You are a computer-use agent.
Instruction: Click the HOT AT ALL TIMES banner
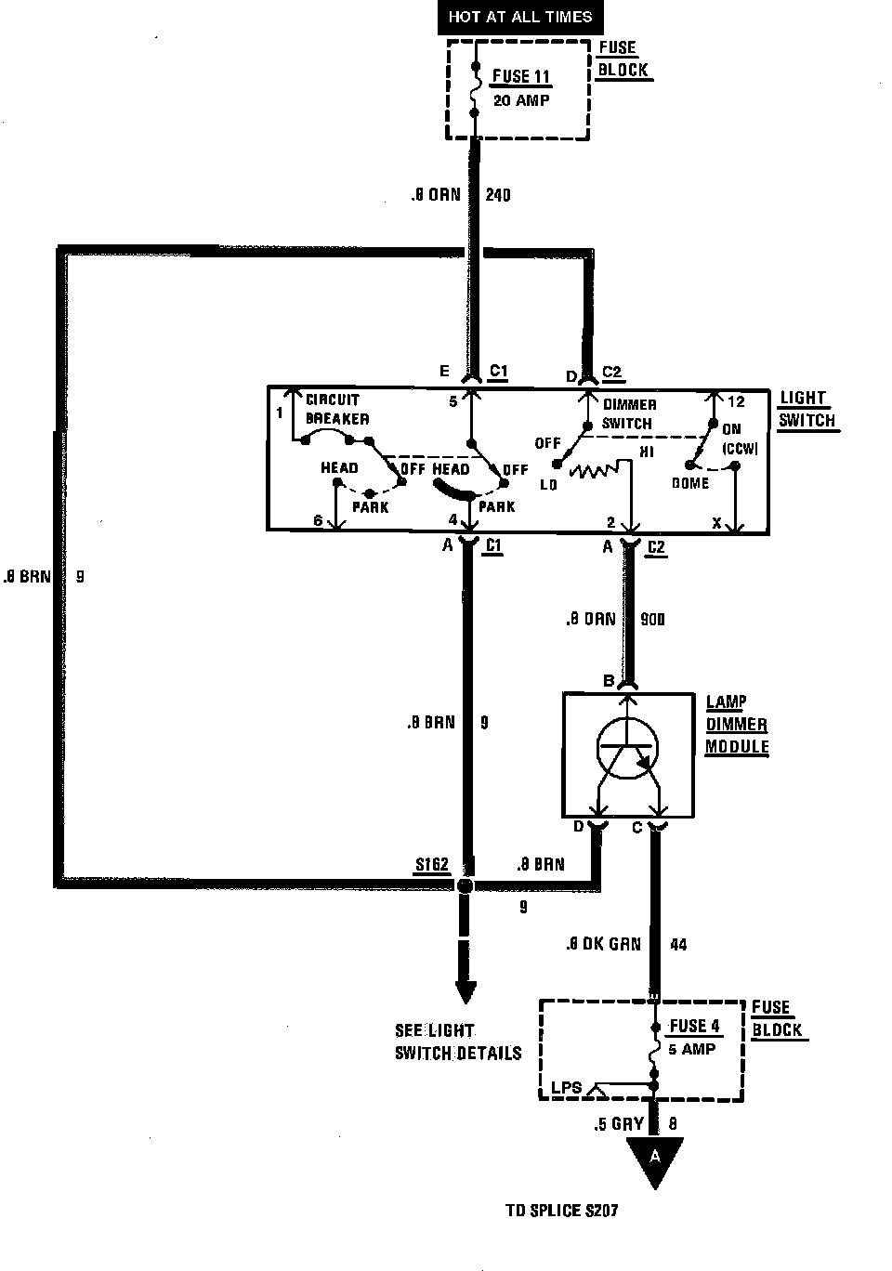519,17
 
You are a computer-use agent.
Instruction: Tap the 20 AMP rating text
520,99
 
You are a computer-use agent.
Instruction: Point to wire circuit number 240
498,195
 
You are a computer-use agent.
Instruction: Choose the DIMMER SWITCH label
629,413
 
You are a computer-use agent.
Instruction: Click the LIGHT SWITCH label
806,409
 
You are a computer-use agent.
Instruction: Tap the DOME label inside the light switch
690,483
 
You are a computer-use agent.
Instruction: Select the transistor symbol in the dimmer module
627,747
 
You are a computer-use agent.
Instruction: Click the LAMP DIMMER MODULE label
736,725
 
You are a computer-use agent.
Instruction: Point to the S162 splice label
432,865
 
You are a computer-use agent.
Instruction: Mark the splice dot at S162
466,886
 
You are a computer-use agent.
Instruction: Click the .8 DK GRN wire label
603,944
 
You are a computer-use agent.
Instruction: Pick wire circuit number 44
678,944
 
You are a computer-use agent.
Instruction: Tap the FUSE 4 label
694,1026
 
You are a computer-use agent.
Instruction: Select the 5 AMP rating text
692,1049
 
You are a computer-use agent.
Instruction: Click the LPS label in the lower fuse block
566,1087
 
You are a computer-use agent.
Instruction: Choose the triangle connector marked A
655,1160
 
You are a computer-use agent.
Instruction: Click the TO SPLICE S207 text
561,1211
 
